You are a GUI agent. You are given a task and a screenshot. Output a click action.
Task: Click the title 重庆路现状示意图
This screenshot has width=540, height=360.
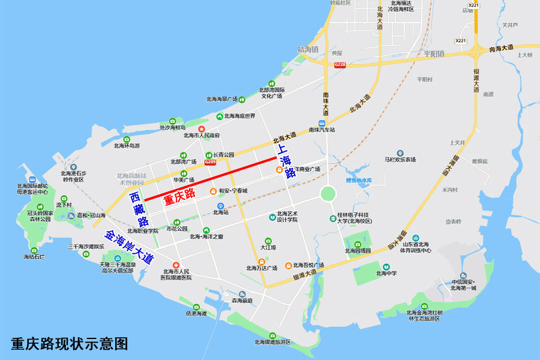pos(70,344)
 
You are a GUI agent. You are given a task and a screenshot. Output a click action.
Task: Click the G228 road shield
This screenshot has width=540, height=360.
pos(340,64)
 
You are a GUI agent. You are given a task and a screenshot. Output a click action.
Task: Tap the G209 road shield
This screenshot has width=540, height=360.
pos(210,162)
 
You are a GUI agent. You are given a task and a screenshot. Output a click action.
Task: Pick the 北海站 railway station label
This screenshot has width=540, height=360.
pos(221,212)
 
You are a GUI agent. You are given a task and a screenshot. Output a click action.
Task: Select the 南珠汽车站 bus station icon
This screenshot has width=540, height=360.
pos(322,123)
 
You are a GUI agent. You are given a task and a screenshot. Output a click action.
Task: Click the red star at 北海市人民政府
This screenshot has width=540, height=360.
pos(202,129)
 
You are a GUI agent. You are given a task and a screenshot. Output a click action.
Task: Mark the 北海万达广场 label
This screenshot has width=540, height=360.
pos(262,268)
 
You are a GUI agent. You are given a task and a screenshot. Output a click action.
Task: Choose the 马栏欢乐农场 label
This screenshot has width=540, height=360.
pos(400,160)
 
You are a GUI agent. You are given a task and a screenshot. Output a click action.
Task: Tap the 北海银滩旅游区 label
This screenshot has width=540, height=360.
pos(272,342)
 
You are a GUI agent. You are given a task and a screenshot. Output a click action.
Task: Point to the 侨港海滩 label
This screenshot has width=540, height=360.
pos(196,313)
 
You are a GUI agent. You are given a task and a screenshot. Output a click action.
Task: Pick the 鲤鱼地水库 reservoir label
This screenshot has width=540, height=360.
pos(359,180)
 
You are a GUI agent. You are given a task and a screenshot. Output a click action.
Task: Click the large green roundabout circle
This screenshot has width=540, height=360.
pos(328,193)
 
